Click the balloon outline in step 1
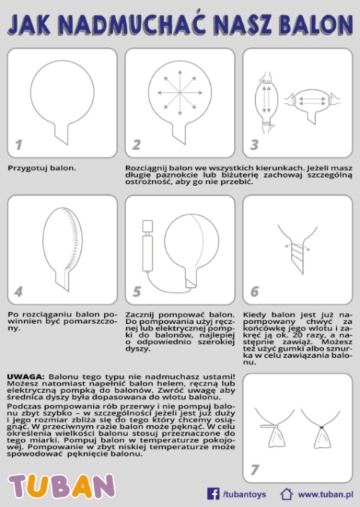60,94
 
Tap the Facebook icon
213,493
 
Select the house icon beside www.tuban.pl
286,493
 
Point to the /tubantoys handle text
245,494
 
